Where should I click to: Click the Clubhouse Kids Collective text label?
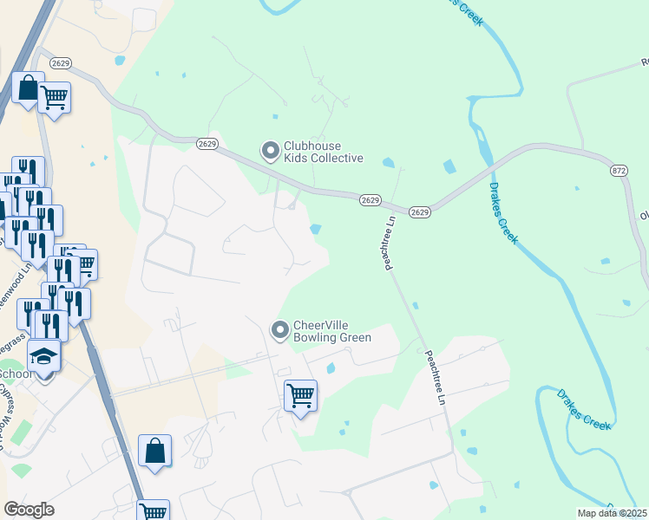pos(325,152)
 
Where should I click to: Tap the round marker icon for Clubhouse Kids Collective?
pos(271,152)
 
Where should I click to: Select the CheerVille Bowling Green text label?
pos(332,331)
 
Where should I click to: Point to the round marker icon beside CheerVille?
pos(279,330)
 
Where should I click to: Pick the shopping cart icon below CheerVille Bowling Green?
pos(300,395)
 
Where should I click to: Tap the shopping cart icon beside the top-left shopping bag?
pos(54,96)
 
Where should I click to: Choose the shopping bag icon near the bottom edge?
pos(154,451)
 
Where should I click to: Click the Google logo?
pos(29,510)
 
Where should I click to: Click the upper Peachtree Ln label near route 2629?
pos(390,242)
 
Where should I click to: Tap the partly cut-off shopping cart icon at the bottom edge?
pos(153,511)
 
